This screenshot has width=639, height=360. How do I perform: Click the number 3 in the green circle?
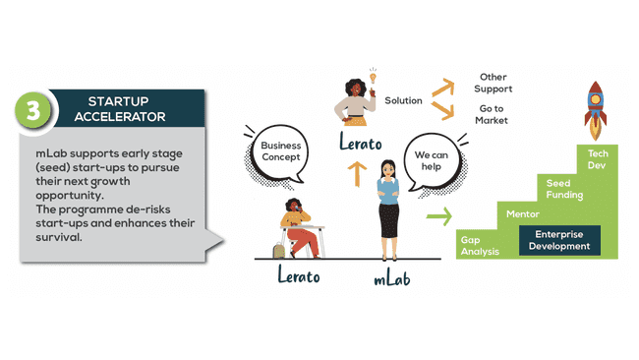tap(35, 110)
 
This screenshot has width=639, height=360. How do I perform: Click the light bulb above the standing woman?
tap(373, 76)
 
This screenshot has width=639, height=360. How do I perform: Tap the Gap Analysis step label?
tap(480, 245)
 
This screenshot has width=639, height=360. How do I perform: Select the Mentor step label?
tap(520, 213)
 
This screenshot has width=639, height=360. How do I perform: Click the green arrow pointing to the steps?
tap(438, 214)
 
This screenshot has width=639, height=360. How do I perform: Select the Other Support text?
tap(494, 83)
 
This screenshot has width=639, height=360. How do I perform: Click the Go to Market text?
tap(493, 114)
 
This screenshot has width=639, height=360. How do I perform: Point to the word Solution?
tap(403, 100)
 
